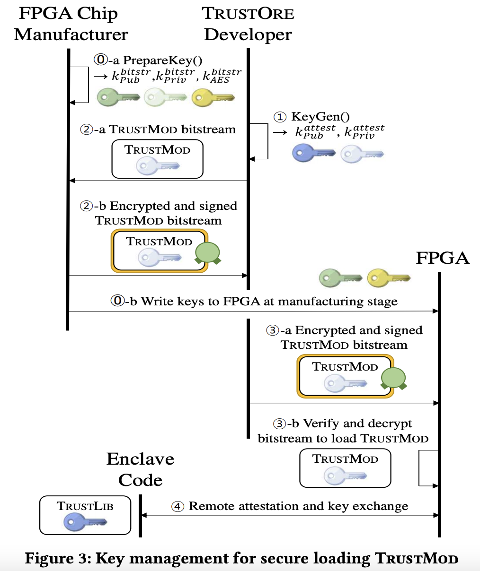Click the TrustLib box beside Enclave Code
85,515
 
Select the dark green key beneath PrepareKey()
118,98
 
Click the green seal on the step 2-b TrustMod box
207,253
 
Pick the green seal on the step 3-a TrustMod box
393,378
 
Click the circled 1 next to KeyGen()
280,117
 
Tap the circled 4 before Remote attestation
178,507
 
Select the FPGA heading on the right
443,258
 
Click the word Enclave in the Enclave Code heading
140,459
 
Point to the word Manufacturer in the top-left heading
71,35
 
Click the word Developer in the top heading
248,35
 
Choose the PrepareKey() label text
162,60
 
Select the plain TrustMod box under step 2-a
158,159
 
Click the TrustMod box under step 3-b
346,468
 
